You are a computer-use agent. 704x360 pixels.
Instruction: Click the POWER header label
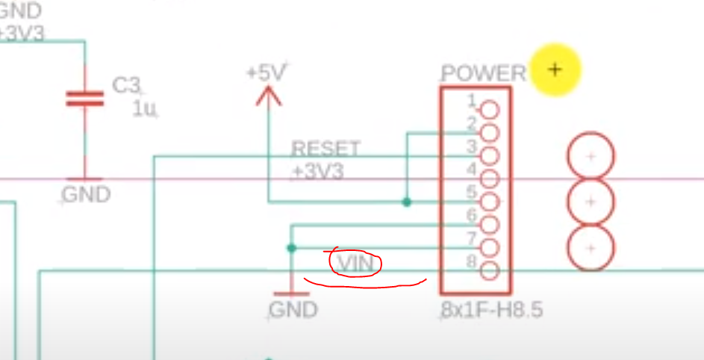point(484,73)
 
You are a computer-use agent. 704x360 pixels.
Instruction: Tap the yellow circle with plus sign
point(554,70)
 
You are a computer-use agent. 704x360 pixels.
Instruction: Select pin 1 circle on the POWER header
point(490,110)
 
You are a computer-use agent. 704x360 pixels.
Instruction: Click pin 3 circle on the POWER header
point(490,156)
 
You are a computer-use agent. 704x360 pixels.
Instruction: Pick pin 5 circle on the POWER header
point(490,202)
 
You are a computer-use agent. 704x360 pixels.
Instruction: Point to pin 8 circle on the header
point(490,270)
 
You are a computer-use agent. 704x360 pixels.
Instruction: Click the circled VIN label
point(356,264)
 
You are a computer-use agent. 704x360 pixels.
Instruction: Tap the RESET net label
point(325,149)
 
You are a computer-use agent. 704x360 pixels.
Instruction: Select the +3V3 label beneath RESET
point(317,172)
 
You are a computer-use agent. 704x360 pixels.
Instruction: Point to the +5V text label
point(267,73)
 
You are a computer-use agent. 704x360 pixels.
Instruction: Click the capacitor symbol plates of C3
point(84,99)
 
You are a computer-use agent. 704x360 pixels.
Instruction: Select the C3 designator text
point(126,85)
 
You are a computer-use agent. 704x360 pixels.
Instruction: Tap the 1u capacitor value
point(144,108)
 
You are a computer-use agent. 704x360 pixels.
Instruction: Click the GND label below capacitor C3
point(86,196)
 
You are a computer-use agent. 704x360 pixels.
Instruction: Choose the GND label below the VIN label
point(293,310)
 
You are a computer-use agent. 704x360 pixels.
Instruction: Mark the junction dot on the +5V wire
point(406,202)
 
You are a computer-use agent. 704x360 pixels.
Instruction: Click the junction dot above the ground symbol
point(291,248)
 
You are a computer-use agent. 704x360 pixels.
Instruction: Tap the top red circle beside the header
point(591,157)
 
